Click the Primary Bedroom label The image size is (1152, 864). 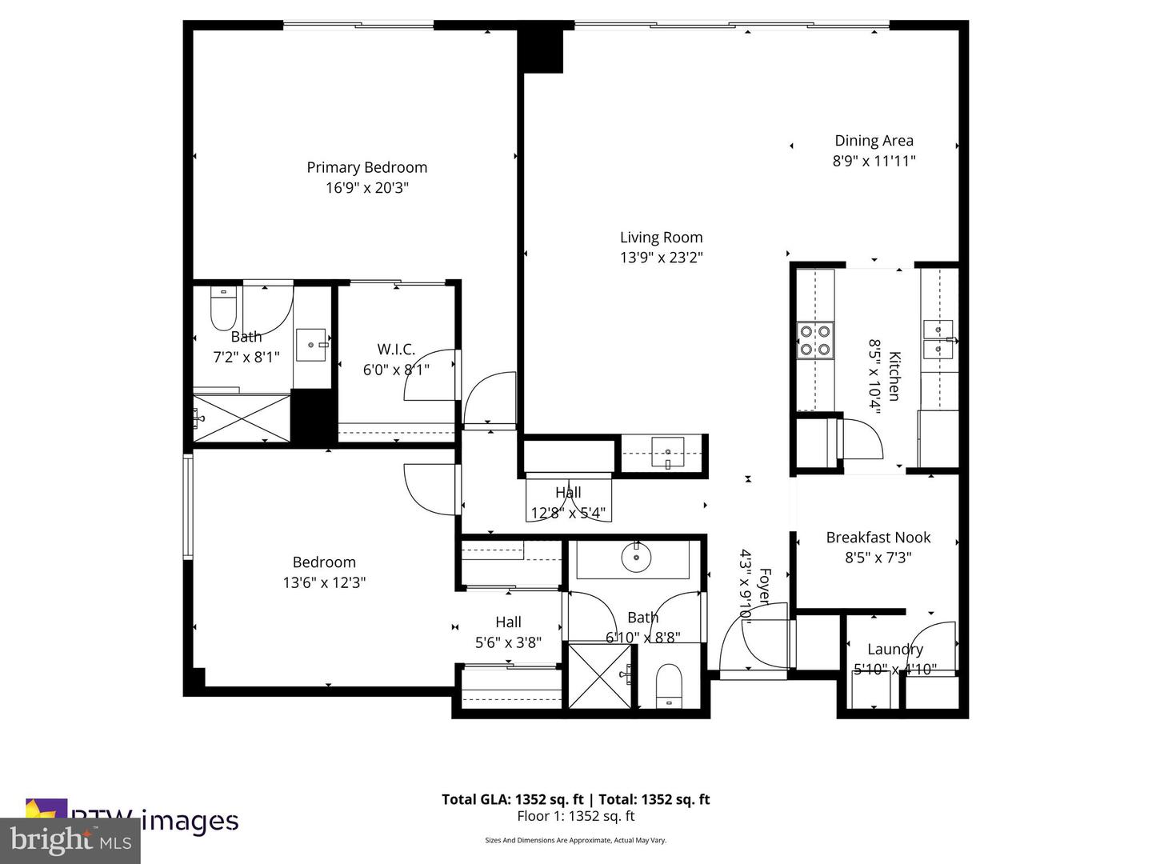tap(366, 167)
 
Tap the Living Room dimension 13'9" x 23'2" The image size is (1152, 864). tap(661, 258)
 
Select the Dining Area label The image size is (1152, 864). tap(874, 141)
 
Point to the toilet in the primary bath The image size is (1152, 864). tap(223, 310)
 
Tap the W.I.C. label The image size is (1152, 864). tap(396, 350)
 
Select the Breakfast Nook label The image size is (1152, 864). tap(878, 538)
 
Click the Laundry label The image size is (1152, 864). tap(894, 650)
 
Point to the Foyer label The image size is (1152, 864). tap(764, 586)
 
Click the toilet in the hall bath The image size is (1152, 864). tap(668, 686)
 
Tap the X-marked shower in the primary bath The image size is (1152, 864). tap(242, 417)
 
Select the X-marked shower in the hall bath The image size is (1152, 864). tap(600, 674)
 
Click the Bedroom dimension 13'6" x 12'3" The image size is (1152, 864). tap(324, 583)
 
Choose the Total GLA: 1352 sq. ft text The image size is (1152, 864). tap(513, 799)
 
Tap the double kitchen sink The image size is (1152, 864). tap(938, 340)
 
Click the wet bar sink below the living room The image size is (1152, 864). tap(667, 453)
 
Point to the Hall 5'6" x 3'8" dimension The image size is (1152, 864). tap(508, 642)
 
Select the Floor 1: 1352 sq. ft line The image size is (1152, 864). tap(575, 816)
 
